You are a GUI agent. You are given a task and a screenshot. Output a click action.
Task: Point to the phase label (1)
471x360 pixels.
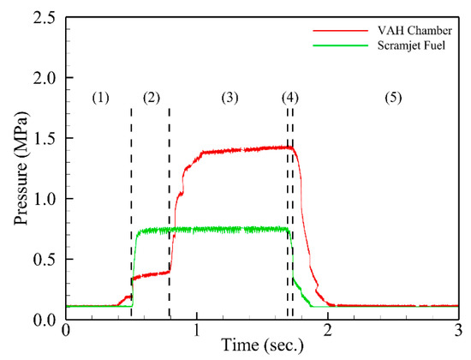pos(101,98)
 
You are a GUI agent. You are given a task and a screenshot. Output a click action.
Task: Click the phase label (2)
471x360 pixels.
pos(152,98)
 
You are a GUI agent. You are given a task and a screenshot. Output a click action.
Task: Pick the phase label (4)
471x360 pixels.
pos(290,98)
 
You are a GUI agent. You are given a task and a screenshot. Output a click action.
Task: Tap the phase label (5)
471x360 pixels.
pos(393,98)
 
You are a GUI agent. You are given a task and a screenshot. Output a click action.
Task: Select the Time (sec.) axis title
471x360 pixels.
pos(262,346)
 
